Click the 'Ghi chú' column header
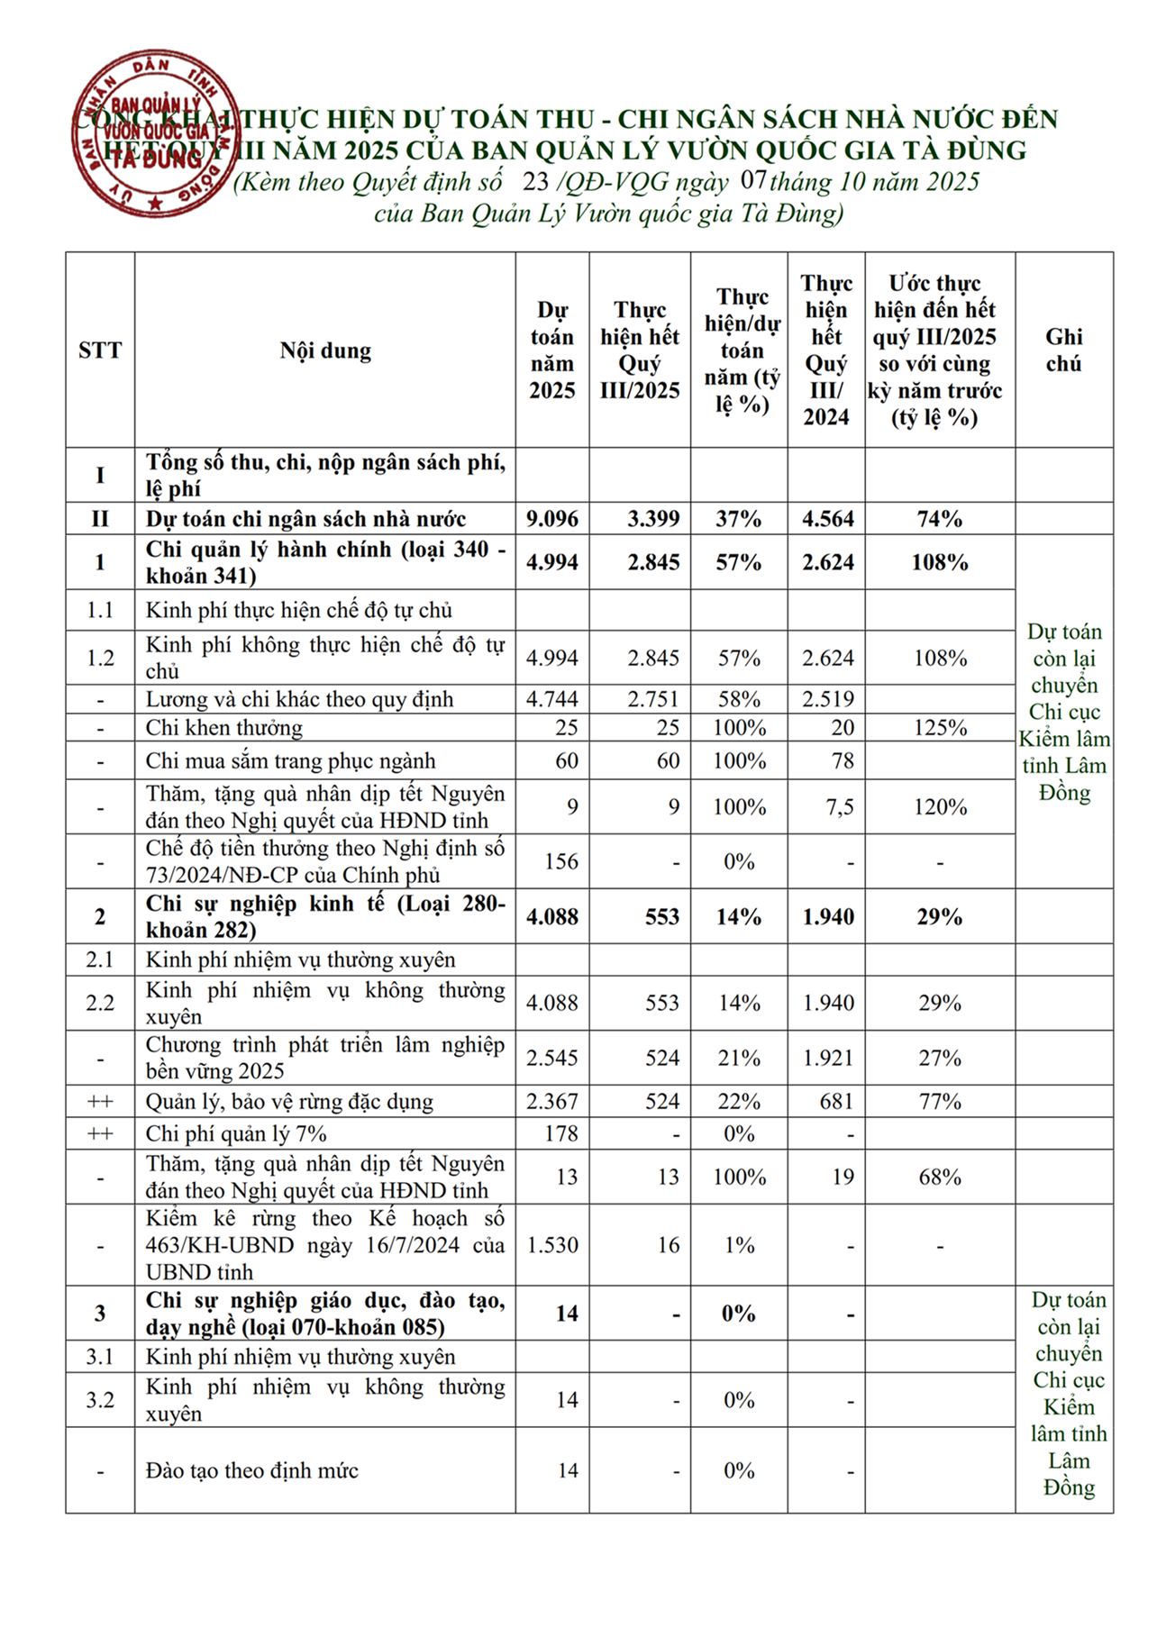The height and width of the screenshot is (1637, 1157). (x=1063, y=350)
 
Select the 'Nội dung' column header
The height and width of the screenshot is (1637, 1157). (x=325, y=350)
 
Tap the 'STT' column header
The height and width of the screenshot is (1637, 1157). (x=100, y=350)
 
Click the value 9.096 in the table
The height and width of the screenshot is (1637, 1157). (x=552, y=519)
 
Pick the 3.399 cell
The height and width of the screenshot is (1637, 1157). (x=653, y=519)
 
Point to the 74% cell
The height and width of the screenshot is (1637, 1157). (x=940, y=519)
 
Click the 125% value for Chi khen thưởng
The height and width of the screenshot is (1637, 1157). (x=940, y=728)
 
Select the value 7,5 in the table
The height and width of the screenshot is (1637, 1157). (x=839, y=807)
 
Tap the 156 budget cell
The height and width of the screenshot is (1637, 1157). (x=560, y=862)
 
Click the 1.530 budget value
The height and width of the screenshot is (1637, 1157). (x=552, y=1245)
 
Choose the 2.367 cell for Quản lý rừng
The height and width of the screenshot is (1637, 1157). (x=552, y=1102)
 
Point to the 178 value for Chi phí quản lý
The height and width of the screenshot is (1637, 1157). (x=561, y=1134)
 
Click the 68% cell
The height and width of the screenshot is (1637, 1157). (x=940, y=1178)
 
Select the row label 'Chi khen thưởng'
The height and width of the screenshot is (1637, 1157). (x=224, y=728)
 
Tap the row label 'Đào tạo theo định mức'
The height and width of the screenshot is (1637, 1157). (x=252, y=1471)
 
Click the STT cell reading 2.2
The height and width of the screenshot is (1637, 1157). (x=100, y=1004)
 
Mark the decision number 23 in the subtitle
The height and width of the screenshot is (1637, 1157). (x=535, y=182)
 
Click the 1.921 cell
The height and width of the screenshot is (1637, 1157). (x=827, y=1059)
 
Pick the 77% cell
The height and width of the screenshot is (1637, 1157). (x=940, y=1102)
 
